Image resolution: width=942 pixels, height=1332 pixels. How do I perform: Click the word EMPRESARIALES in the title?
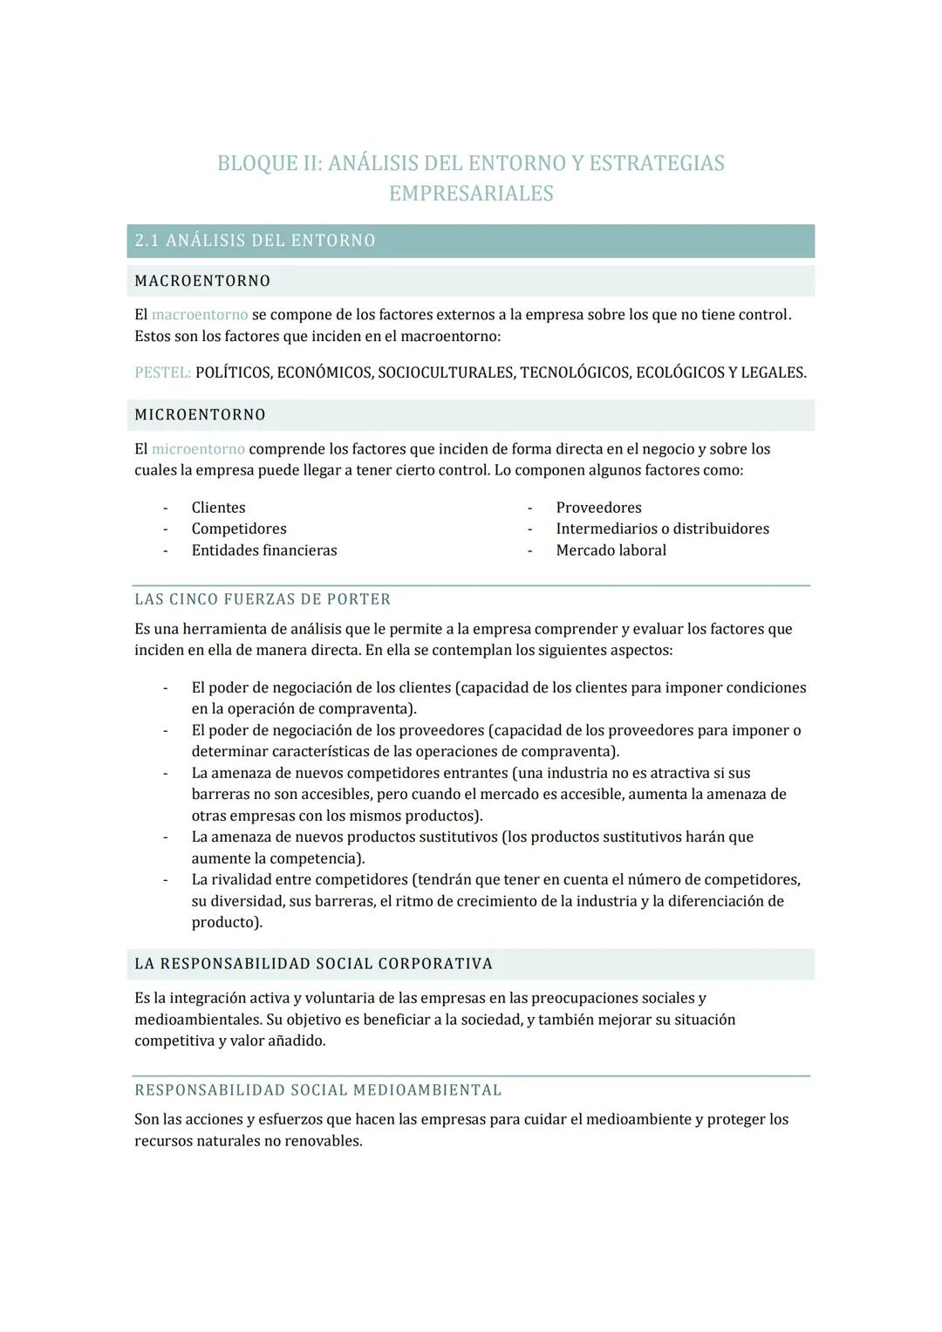tap(471, 194)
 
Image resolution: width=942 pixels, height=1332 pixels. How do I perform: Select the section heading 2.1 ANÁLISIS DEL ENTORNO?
tap(255, 241)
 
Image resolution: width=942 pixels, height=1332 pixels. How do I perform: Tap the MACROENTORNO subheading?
tap(202, 281)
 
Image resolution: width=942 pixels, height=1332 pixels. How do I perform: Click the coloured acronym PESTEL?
tap(162, 372)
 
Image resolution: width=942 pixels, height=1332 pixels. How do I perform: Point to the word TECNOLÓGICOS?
tap(575, 372)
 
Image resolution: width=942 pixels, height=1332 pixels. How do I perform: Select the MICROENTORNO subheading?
tap(200, 415)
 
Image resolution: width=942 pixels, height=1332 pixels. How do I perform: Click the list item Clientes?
tap(218, 508)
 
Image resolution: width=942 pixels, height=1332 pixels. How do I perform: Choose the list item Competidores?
tap(238, 529)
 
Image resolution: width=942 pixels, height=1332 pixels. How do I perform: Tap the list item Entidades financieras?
tap(263, 550)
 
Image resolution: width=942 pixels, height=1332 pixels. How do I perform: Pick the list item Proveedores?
tap(598, 508)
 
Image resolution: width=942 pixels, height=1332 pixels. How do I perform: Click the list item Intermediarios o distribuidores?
tap(662, 529)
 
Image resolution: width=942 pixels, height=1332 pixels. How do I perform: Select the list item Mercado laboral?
tap(611, 550)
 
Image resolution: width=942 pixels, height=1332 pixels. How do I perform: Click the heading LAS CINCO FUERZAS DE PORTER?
tap(263, 599)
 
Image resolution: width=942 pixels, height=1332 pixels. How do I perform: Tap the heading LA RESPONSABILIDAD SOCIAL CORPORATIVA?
tap(313, 964)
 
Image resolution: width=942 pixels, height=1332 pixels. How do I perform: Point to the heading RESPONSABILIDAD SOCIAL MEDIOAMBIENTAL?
tap(317, 1090)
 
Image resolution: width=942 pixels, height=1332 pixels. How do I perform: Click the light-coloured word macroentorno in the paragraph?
tap(199, 314)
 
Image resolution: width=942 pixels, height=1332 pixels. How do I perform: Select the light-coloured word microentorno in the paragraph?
tap(198, 449)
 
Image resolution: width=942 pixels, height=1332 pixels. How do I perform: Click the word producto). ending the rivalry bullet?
tap(227, 922)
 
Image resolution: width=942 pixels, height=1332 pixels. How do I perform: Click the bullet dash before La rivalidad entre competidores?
tap(165, 880)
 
